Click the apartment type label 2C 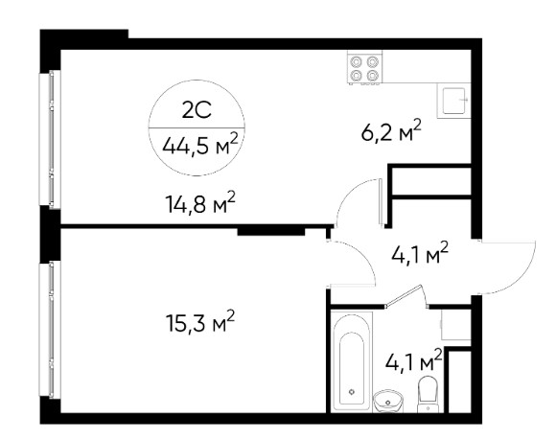click(x=197, y=110)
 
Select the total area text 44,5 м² click(x=199, y=145)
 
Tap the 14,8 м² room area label click(x=200, y=203)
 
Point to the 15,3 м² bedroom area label click(x=200, y=322)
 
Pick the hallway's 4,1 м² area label click(x=420, y=253)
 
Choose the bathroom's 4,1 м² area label click(x=413, y=359)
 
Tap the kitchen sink click(x=453, y=101)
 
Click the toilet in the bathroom click(x=429, y=394)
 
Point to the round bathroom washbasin click(x=388, y=402)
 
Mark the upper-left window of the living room click(x=51, y=139)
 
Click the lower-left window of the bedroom click(x=51, y=330)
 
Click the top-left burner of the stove click(x=356, y=62)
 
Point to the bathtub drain click(x=352, y=392)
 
